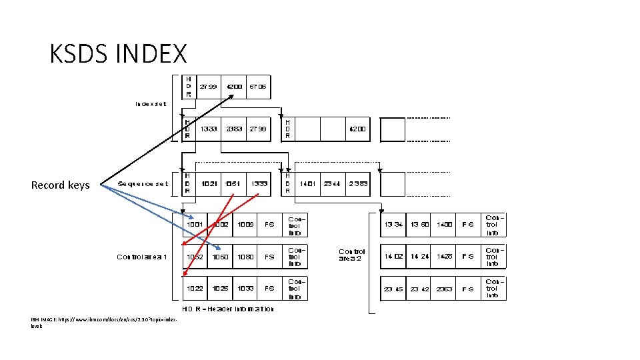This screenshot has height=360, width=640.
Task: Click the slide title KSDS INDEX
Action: click(x=118, y=53)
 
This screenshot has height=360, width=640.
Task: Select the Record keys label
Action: click(x=60, y=185)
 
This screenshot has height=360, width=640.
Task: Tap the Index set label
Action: click(x=152, y=103)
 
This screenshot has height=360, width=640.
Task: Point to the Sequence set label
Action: click(x=143, y=184)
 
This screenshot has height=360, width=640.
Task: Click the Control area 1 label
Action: click(x=142, y=257)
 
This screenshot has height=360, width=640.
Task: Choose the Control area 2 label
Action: click(x=352, y=255)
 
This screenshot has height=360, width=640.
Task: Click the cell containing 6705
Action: click(x=259, y=87)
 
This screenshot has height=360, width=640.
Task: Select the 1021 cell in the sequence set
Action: click(x=209, y=184)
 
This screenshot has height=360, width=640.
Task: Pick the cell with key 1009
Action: click(x=246, y=225)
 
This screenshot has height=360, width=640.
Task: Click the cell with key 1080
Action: click(x=246, y=257)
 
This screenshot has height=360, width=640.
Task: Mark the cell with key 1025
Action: click(x=221, y=289)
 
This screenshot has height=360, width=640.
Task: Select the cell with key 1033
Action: click(x=246, y=289)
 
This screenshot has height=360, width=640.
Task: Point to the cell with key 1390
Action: click(x=419, y=225)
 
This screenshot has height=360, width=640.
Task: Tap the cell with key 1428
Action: click(x=444, y=257)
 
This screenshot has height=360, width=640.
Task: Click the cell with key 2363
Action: click(x=444, y=289)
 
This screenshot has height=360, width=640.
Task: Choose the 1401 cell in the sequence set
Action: click(x=307, y=184)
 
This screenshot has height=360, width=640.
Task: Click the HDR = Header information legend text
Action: click(x=228, y=309)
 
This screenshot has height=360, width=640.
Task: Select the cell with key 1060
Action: click(x=221, y=257)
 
